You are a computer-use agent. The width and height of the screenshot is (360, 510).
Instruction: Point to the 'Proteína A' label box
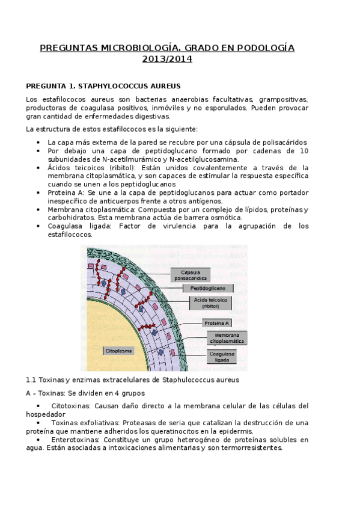click(x=216, y=322)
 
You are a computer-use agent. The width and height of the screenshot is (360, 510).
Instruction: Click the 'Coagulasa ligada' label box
click(x=222, y=357)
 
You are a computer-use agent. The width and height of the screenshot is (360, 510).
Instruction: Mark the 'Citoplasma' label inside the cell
click(x=118, y=350)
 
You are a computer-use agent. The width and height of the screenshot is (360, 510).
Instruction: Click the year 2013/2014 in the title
click(x=167, y=59)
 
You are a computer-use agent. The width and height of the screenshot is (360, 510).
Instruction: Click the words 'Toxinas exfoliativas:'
click(x=85, y=423)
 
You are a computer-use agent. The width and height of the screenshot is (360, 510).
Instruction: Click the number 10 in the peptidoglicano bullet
click(x=304, y=150)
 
